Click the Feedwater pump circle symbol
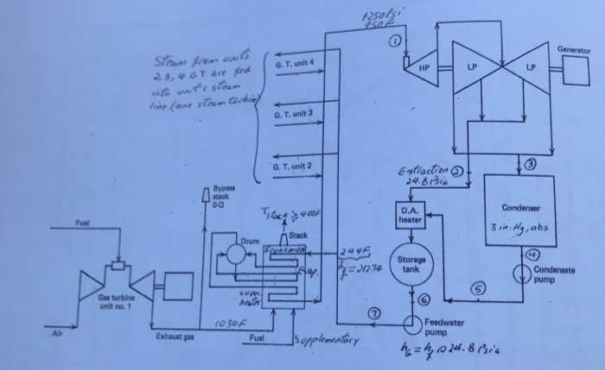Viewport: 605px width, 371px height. coord(409,321)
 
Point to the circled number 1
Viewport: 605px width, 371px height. coord(398,40)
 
